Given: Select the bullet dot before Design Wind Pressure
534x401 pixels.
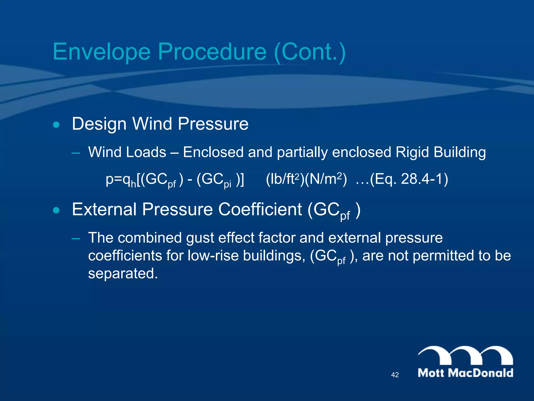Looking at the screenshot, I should (x=56, y=125).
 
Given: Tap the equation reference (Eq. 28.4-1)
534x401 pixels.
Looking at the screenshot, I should (x=409, y=179).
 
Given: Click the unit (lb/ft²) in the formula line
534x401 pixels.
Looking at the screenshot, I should (x=284, y=179).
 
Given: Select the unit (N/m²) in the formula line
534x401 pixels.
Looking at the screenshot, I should (x=326, y=179).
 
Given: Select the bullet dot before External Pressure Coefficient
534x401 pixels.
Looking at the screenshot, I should (x=56, y=210).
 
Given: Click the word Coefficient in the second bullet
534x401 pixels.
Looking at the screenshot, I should (x=260, y=209).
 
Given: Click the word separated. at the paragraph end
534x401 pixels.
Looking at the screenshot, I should (x=123, y=273).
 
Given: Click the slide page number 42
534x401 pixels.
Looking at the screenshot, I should (x=395, y=375).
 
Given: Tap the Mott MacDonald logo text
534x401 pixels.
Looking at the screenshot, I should (x=465, y=373).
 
